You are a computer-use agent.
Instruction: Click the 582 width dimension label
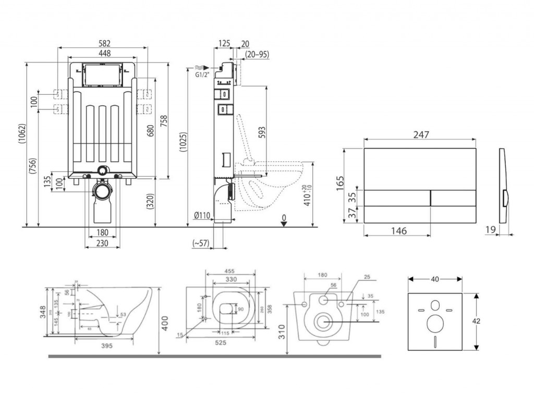coord(104,43)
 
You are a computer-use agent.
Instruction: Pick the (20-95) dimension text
coord(257,54)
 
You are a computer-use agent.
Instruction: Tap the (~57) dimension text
coord(200,242)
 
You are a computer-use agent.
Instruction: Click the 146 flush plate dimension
coord(397,231)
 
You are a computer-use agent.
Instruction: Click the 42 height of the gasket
coord(476,321)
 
